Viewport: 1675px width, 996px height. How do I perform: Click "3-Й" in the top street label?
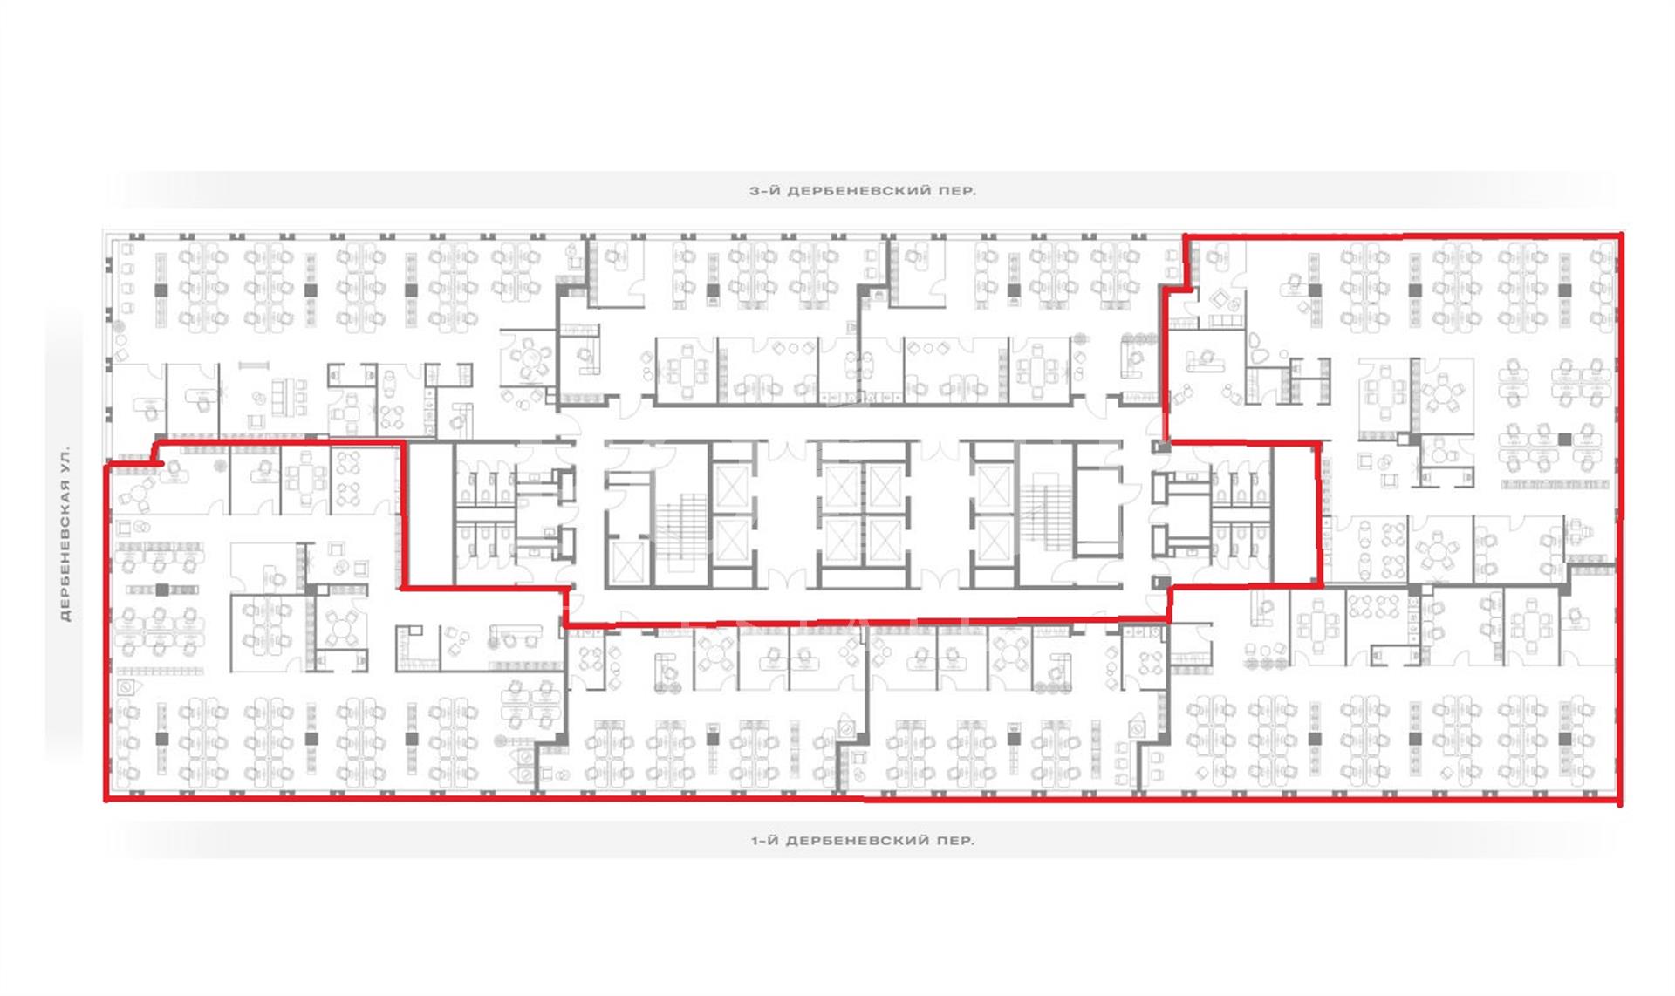764,190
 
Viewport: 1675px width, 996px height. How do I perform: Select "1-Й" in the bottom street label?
765,841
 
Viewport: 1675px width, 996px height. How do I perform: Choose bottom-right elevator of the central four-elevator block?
885,542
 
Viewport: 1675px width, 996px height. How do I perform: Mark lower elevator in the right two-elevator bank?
994,542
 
